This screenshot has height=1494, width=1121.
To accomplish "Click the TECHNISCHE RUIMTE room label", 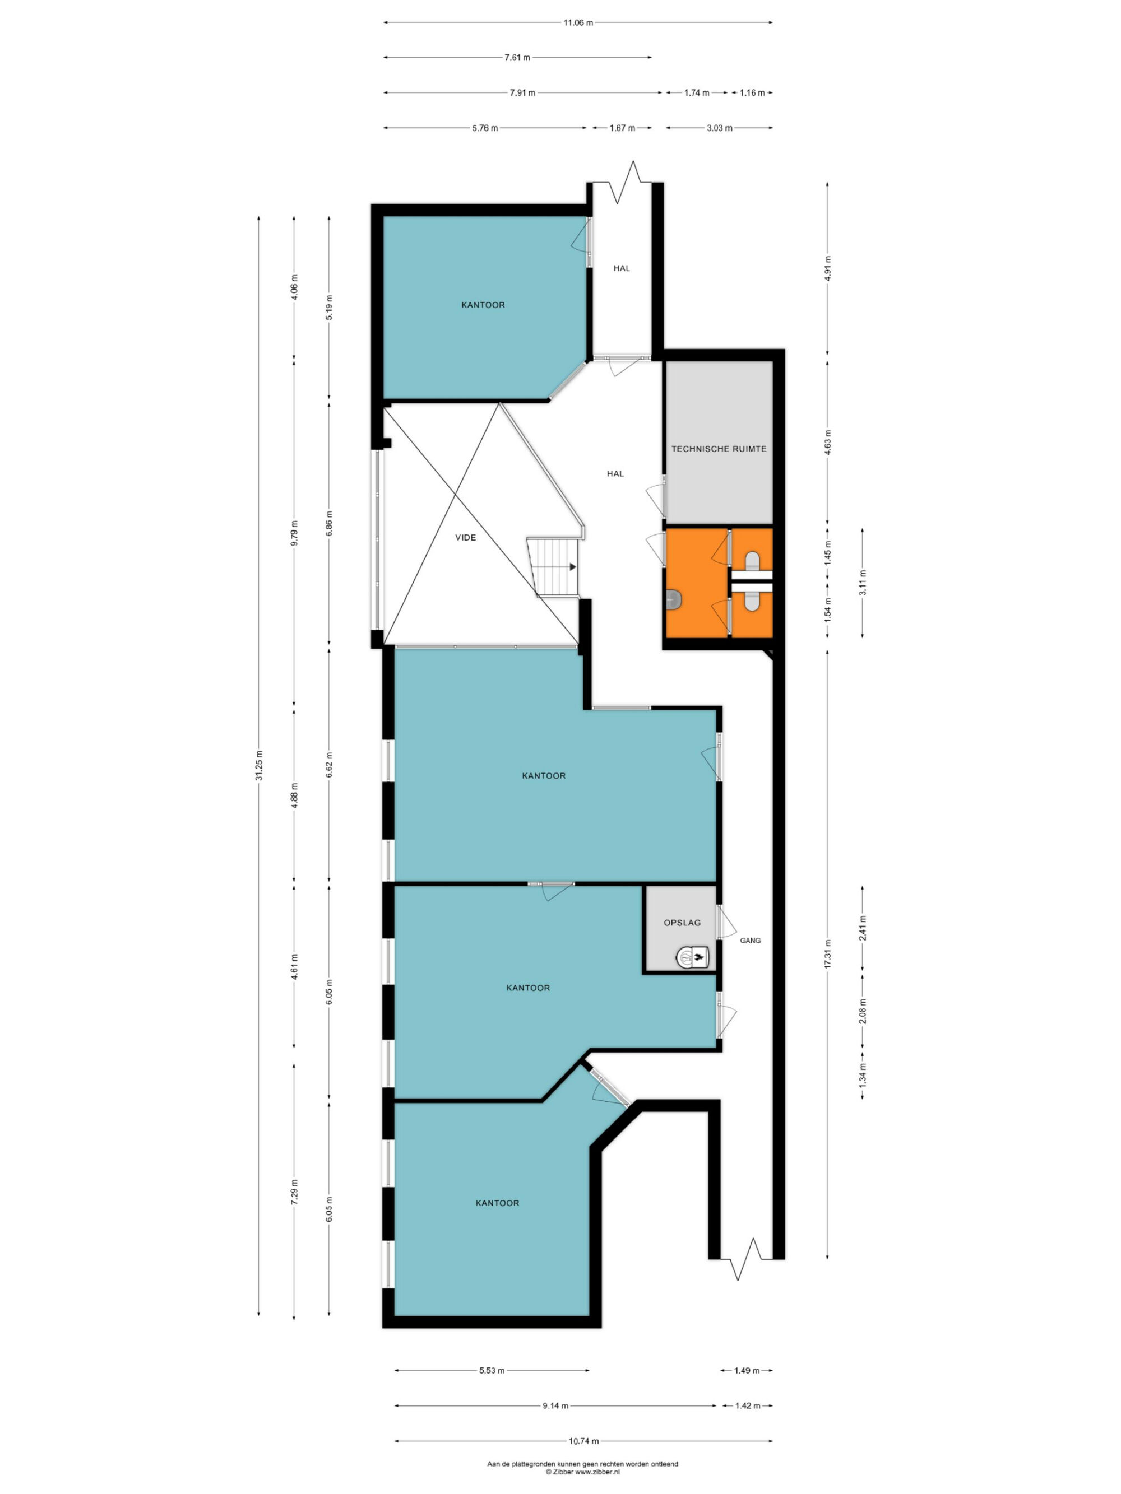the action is pos(718,449).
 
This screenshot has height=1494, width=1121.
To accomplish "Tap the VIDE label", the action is pos(466,538).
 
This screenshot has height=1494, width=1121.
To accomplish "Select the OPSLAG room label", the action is pos(682,922).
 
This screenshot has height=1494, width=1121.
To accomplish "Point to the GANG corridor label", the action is pos(750,940).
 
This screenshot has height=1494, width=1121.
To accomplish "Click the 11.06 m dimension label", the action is pos(578,22).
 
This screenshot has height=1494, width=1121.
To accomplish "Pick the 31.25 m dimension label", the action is pos(259,765).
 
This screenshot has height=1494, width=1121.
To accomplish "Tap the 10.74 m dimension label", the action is pos(583,1441).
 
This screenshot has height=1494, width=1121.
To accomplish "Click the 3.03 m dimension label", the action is pos(719,128).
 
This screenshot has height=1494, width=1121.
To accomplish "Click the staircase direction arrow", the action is pos(572,567).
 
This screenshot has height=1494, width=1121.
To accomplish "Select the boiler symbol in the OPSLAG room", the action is pos(692,956).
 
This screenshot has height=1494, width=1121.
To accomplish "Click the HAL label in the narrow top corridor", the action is pos(622,268).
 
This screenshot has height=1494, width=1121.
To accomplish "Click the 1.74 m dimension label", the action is pos(696,92).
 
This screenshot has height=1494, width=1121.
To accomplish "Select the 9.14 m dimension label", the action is pos(555,1405).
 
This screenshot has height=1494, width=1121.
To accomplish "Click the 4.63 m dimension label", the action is pos(827,443).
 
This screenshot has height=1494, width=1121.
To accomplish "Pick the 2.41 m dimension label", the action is pos(862,928).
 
